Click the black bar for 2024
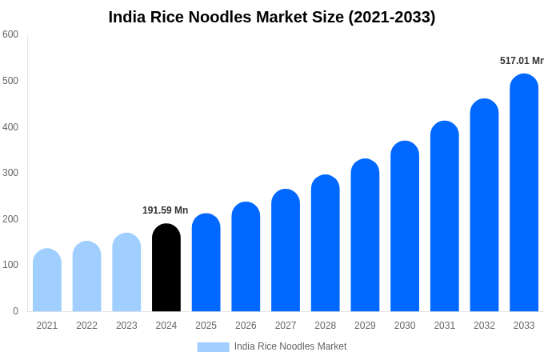pos(166,268)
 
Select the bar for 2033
pos(524,193)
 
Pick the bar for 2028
pos(326,243)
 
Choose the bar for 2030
pos(405,226)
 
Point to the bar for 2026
pos(246,257)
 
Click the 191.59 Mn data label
pos(166,210)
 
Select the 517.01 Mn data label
pos(522,61)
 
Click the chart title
pos(272,17)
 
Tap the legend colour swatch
pos(213,346)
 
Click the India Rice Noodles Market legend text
pos(290,346)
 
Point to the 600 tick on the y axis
pos(10,34)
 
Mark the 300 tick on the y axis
pos(10,173)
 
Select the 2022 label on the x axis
pos(87,326)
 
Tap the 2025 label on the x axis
pos(206,326)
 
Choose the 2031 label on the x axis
pos(445,326)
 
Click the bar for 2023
pos(126,272)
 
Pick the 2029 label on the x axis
pos(365,326)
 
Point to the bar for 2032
pos(484,206)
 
